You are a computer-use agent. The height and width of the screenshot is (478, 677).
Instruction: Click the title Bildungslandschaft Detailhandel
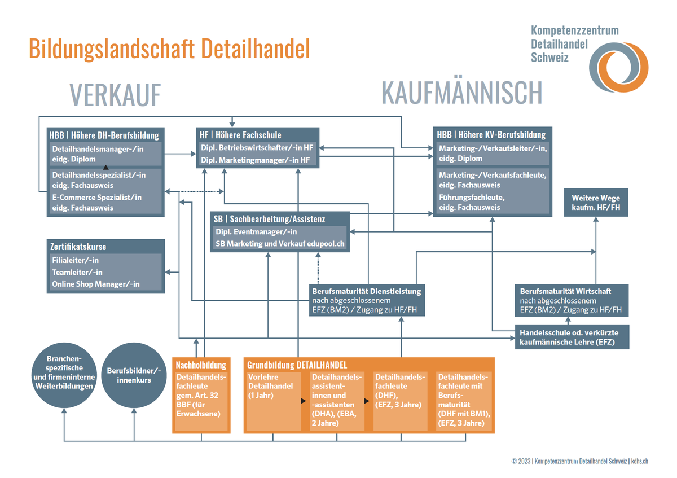click(169, 49)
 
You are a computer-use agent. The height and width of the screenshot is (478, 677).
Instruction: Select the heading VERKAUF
click(115, 94)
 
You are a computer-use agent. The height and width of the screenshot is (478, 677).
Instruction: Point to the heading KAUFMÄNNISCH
click(461, 92)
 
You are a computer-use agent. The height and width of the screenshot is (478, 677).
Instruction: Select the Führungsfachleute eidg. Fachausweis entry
click(493, 202)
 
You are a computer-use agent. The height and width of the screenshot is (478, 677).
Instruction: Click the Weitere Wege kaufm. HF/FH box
click(595, 203)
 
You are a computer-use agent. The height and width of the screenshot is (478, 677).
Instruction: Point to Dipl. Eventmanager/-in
click(257, 232)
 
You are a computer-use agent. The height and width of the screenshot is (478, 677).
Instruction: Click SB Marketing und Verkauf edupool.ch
click(279, 244)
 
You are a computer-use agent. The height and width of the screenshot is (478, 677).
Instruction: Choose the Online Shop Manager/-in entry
click(96, 284)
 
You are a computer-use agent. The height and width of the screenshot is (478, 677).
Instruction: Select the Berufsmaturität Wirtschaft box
click(572, 301)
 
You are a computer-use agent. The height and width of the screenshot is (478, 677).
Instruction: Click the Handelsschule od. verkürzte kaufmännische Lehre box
click(572, 337)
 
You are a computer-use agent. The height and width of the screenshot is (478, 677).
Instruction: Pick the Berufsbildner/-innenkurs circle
click(134, 375)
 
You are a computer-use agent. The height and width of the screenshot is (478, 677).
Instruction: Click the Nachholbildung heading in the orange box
click(201, 365)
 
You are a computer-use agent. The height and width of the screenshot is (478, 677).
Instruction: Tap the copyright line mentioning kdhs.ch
click(579, 461)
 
